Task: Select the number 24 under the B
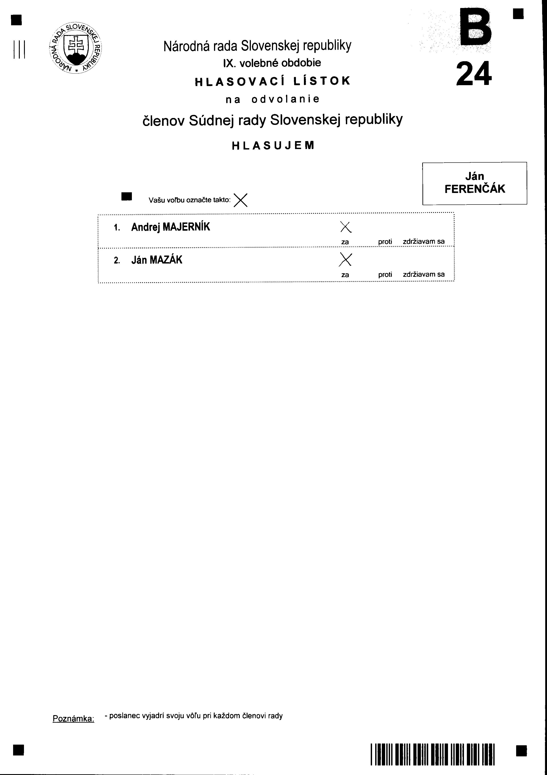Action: coord(474,74)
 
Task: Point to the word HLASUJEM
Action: coord(273,146)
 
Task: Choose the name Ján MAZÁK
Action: coord(157,260)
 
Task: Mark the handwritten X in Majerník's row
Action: coord(346,227)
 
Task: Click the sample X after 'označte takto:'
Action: coord(241,200)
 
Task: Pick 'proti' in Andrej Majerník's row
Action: coord(385,242)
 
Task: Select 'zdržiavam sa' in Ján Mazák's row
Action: coord(424,274)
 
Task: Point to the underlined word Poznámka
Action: coord(73,719)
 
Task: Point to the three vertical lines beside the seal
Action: coord(19,50)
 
